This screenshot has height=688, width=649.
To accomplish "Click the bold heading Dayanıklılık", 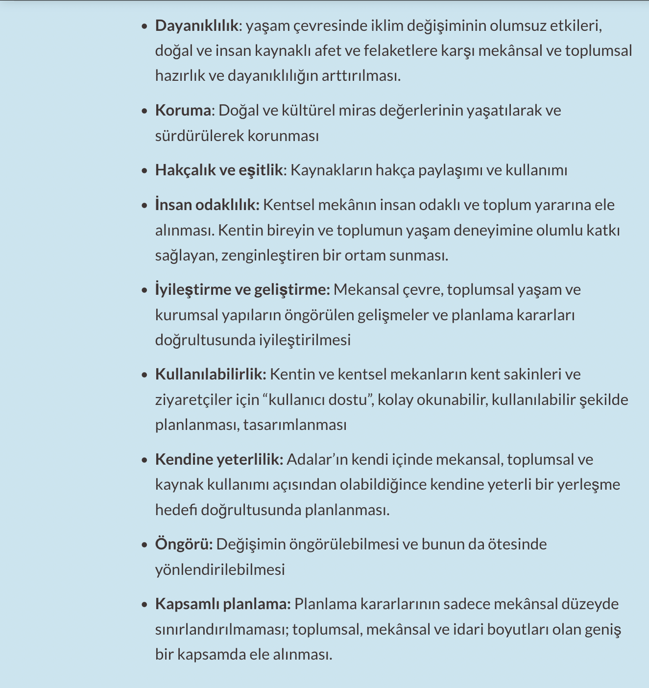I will (196, 25).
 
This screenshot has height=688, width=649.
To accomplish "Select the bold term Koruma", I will (183, 110).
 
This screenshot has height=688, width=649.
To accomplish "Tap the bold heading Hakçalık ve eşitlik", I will (219, 170).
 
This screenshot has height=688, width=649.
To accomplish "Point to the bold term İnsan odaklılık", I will (207, 205).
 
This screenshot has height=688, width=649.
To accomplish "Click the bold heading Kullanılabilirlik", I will (210, 374).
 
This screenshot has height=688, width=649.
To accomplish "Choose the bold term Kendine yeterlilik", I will (219, 459).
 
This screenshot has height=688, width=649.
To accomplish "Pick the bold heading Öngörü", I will (184, 544).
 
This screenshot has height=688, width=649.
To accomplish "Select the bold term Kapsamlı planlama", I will (223, 604).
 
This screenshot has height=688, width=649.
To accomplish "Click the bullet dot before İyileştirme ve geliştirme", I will (144, 290).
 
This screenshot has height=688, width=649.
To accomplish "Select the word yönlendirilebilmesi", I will (220, 569).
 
